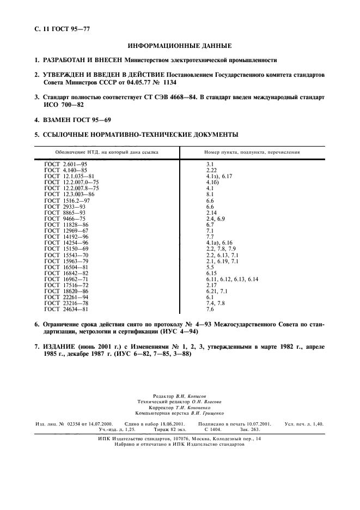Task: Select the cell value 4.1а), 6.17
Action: click(x=219, y=176)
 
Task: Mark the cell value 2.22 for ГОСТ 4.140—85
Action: click(x=212, y=170)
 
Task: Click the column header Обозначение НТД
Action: click(x=107, y=152)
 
